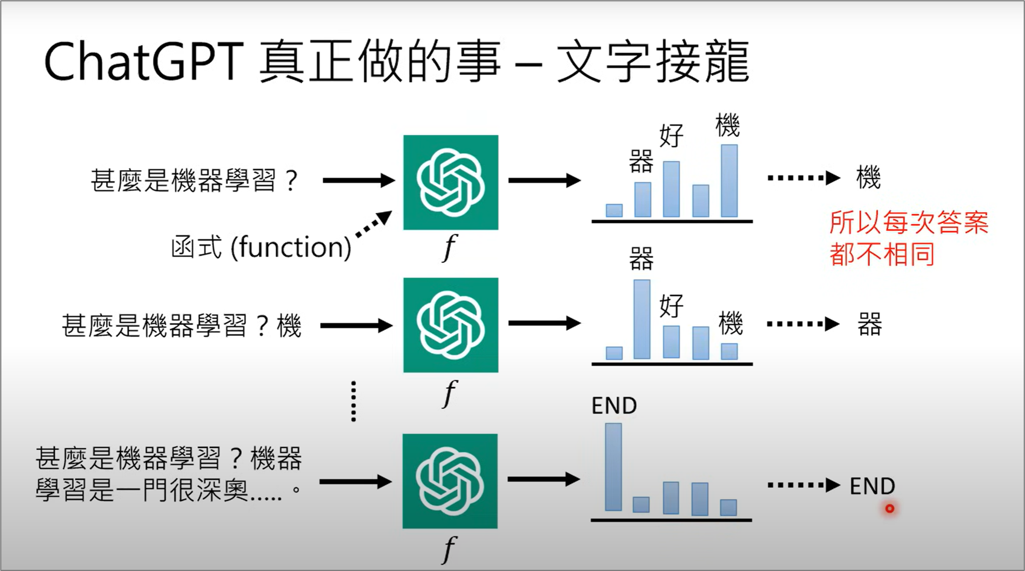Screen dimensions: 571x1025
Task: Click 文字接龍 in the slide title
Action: tap(653, 62)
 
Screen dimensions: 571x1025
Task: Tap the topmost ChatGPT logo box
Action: tap(450, 182)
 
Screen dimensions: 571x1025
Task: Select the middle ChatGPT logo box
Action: tap(450, 325)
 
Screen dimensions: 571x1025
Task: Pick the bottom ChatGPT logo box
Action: tap(450, 481)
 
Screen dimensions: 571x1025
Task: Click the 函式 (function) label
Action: tap(260, 247)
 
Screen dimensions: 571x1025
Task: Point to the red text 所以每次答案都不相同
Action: tap(908, 238)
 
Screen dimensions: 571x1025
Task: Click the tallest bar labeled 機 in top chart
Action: tap(729, 180)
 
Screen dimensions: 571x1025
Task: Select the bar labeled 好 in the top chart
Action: tap(671, 189)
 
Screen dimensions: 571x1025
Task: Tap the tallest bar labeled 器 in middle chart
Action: tap(642, 319)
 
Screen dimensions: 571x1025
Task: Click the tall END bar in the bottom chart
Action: tap(613, 467)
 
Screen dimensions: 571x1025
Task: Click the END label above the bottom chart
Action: tap(614, 406)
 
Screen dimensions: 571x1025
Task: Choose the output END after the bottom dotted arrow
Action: tap(872, 486)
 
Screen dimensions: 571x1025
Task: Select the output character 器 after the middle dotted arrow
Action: tap(869, 324)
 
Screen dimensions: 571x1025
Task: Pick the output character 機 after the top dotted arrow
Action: tap(868, 178)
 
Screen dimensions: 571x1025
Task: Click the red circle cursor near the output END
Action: tap(889, 509)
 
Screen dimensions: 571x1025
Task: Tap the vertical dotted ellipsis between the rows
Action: tap(353, 401)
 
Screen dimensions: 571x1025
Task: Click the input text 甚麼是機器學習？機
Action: tap(181, 326)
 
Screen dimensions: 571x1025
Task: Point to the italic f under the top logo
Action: tap(449, 247)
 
